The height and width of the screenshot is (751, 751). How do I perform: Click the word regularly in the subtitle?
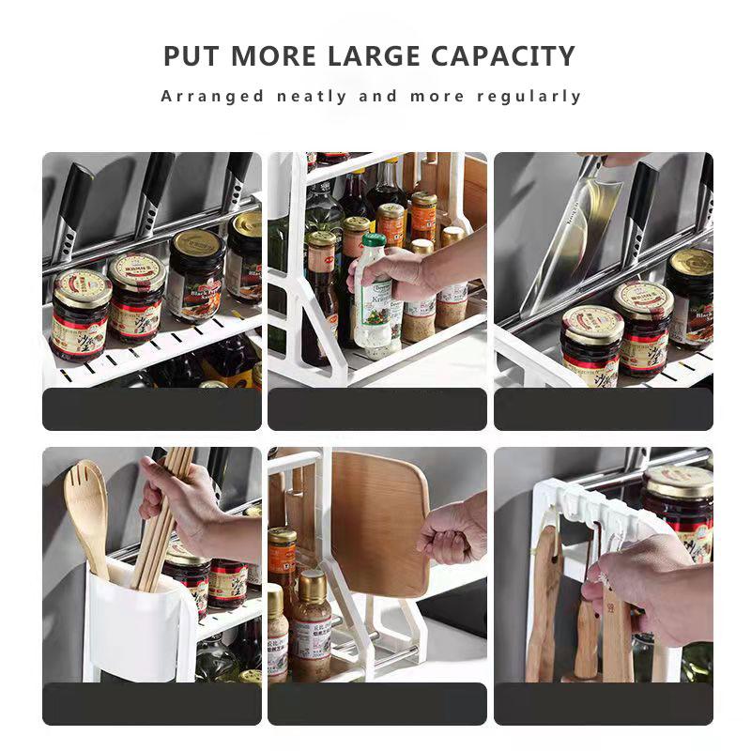coord(529,96)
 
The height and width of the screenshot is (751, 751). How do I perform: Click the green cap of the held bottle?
coord(373,240)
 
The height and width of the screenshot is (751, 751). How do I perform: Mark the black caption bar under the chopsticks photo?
coord(152,703)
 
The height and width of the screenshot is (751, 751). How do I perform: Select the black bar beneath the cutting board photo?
coord(377,703)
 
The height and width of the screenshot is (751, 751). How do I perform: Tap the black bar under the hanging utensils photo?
coord(604,703)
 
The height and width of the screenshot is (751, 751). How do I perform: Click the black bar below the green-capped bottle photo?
coord(377,408)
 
